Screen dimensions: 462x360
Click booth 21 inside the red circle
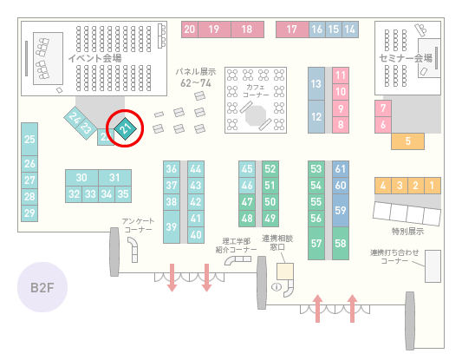(125, 128)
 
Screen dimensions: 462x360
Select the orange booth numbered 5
(407, 141)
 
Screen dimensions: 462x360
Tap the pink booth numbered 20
(190, 29)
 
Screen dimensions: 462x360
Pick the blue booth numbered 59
(341, 210)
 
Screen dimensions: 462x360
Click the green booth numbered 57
(316, 243)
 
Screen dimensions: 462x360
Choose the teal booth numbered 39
(172, 226)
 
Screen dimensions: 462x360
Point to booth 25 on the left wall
(29, 139)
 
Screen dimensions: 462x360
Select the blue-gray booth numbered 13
(316, 84)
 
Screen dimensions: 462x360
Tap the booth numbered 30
(81, 178)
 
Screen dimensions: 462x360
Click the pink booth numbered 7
(383, 108)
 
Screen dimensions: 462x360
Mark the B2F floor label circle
(42, 287)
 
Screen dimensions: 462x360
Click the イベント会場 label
(94, 58)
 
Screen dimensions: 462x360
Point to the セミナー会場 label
(406, 58)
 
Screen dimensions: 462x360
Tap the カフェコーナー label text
(256, 91)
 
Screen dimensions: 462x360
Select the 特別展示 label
(407, 231)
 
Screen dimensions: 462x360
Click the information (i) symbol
(277, 286)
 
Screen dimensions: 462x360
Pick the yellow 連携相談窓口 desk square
(285, 272)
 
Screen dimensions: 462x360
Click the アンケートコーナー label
(138, 226)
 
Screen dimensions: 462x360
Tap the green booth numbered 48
(247, 219)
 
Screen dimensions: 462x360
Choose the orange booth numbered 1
(433, 186)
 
